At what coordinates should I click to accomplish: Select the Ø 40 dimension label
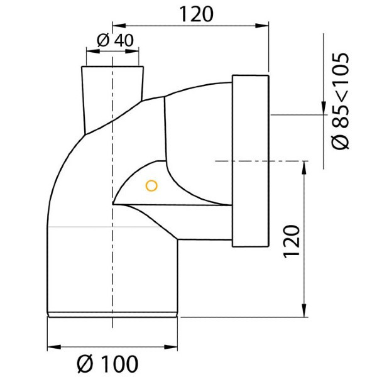(x=116, y=40)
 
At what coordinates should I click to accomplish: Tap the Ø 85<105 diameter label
(x=341, y=101)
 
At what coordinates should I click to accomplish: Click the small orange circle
(x=150, y=185)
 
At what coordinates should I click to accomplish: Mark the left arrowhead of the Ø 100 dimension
(x=53, y=346)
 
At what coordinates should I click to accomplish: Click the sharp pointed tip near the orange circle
(x=114, y=204)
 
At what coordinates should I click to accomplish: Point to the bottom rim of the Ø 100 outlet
(x=113, y=312)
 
